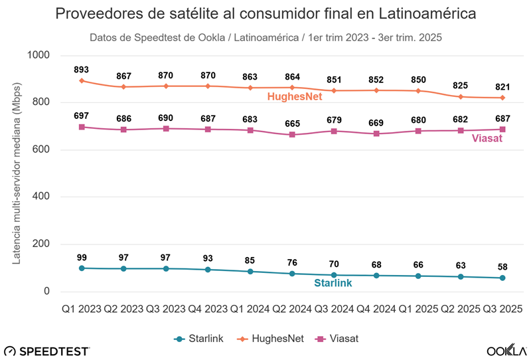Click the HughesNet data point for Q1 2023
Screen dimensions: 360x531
82,81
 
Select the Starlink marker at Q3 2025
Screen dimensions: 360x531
502,278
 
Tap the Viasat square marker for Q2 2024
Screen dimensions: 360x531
292,135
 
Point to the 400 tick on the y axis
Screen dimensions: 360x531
44,197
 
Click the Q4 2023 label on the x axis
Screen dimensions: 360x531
208,309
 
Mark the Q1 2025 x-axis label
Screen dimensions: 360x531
418,309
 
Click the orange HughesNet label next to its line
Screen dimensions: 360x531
295,97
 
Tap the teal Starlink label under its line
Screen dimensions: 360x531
333,283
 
